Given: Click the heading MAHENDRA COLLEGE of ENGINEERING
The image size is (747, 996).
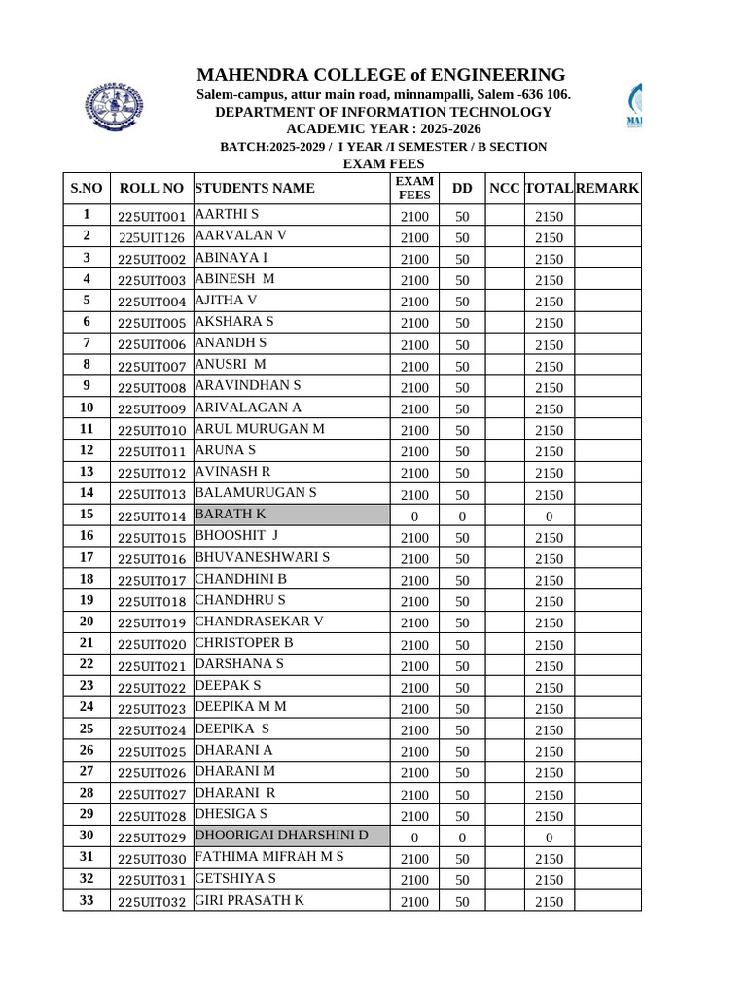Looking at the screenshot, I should (380, 75).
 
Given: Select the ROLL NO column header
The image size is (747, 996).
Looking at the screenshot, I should (151, 188).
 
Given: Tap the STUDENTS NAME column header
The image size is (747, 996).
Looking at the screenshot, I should (255, 188).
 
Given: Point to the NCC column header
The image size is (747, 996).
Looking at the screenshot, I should (504, 188).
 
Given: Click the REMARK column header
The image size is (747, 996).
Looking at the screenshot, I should (607, 188).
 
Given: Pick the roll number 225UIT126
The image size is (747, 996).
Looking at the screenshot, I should (151, 237).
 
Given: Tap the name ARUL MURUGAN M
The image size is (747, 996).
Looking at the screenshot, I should (260, 429).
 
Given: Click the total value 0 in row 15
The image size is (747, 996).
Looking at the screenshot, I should (549, 516).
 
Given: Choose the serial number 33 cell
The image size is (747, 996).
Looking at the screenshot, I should (87, 900).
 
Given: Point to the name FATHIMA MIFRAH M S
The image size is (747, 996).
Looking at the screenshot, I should (269, 857).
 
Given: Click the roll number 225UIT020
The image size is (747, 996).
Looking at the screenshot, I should (151, 645).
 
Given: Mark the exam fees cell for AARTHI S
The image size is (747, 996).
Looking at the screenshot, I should (414, 216).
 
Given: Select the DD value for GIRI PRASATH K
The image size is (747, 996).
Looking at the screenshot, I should (462, 902).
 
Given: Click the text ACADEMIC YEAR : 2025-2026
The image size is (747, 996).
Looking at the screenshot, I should (383, 129).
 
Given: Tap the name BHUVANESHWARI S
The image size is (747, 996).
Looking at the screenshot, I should (263, 557).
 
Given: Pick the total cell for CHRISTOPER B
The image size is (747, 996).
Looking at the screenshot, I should (549, 645).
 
